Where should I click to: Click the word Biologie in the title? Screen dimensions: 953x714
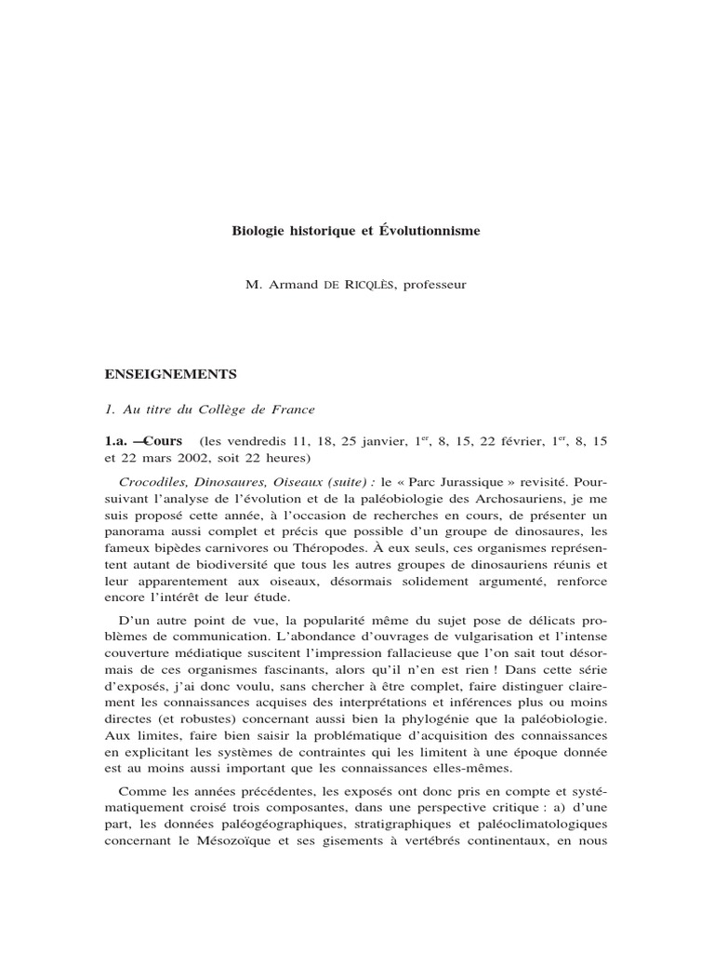click(x=255, y=230)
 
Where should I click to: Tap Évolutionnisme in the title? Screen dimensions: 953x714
click(x=436, y=230)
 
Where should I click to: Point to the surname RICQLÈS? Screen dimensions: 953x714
click(x=371, y=285)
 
